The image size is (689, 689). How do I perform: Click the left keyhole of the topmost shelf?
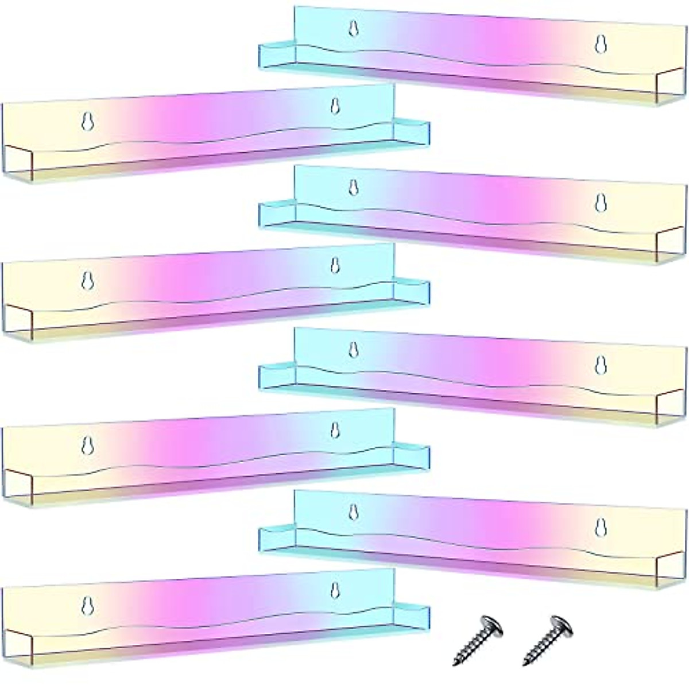[354, 28]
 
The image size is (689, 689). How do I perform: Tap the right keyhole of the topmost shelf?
[601, 44]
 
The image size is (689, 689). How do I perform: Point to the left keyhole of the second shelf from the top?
[87, 121]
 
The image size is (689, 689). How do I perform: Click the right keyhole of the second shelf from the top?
[335, 106]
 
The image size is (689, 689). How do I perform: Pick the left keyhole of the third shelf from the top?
[354, 187]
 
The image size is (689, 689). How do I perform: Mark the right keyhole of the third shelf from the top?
[601, 202]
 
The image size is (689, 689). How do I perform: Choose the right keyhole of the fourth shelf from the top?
[335, 265]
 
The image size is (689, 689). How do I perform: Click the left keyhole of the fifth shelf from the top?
[354, 349]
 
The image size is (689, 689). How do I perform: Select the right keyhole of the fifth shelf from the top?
[601, 364]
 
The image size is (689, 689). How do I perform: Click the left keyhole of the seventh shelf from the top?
[354, 510]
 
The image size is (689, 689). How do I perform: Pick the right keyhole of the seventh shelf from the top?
[601, 526]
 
